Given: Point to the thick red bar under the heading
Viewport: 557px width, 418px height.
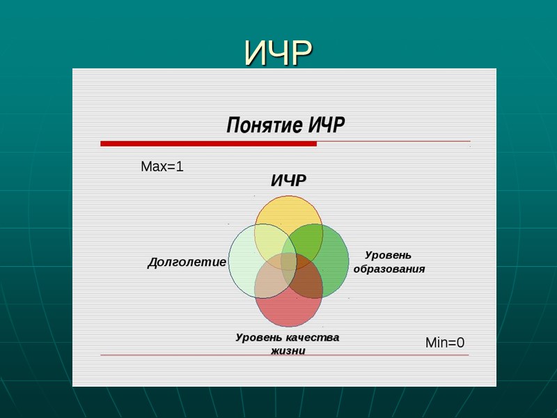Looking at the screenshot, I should click(x=208, y=144).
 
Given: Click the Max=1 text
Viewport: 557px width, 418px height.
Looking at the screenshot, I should click(x=162, y=167).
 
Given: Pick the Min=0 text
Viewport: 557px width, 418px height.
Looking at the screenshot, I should click(x=445, y=343).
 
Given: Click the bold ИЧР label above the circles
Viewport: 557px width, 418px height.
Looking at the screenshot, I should click(x=288, y=181).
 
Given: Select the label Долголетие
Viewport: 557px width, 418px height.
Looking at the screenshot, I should click(x=187, y=263).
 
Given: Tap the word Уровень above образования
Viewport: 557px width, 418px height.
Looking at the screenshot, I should click(x=389, y=256).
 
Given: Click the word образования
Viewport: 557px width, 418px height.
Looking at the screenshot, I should click(x=389, y=269).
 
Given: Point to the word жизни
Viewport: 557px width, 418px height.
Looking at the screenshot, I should click(x=288, y=350).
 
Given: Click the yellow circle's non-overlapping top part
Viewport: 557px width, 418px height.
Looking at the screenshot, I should click(x=288, y=209).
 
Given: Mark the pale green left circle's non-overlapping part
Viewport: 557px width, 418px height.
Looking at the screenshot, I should click(x=241, y=261).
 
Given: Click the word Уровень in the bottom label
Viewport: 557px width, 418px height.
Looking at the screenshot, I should click(x=258, y=338).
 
